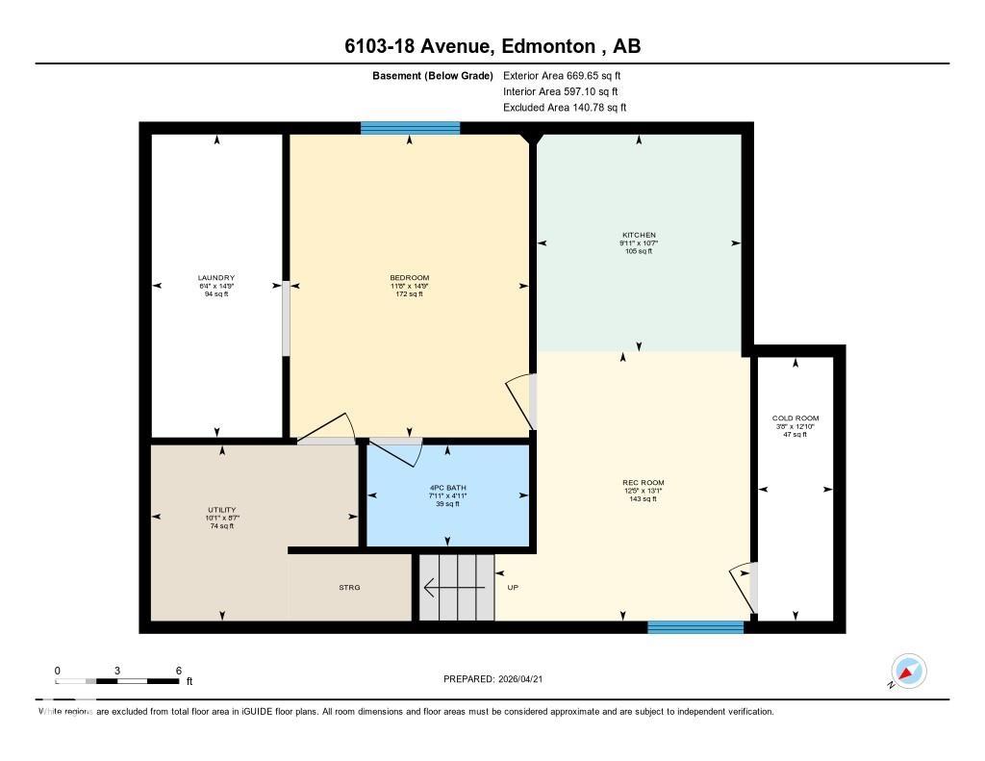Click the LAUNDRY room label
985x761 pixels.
coord(216,278)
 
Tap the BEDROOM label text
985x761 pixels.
coord(410,278)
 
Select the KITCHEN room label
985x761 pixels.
coord(639,235)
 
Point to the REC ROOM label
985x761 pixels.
coord(644,483)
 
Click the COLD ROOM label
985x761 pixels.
coord(796,419)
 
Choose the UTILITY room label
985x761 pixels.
coord(222,510)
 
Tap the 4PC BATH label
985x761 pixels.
coord(448,488)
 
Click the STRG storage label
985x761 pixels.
coord(349,587)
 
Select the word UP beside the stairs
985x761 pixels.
coord(514,587)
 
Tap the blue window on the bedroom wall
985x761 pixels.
coord(410,128)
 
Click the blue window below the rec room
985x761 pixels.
coord(695,627)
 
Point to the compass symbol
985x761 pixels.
coord(908,672)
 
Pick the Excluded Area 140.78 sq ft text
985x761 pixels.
coord(565,108)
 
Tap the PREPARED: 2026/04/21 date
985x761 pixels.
coord(499,679)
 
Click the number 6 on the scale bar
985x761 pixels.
coord(179,670)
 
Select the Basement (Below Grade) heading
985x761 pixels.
coord(432,75)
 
